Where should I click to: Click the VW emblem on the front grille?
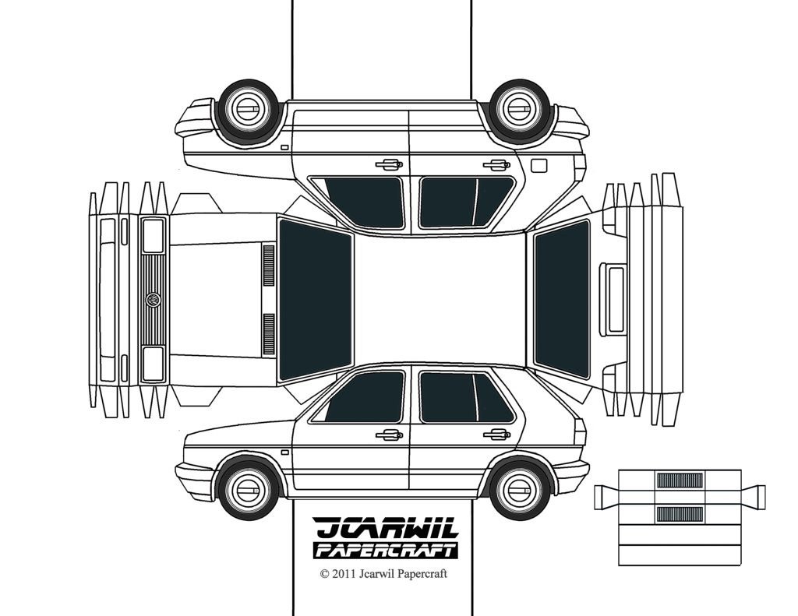154,299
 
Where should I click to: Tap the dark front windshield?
315,300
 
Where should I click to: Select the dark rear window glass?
561,299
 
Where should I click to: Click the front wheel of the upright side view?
249,489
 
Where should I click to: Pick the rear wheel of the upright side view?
521,489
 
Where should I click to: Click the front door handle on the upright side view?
388,435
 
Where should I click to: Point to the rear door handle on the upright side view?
495,434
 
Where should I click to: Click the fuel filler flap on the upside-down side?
538,166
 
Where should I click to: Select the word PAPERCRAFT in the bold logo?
386,551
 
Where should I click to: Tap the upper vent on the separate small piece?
680,480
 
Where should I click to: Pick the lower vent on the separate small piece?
680,512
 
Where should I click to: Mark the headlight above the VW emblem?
154,235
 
